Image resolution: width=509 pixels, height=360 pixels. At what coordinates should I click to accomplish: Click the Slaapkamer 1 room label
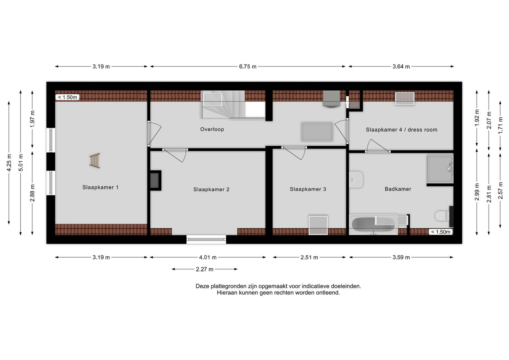point(100,187)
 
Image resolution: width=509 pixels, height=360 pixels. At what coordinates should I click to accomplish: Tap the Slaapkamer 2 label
point(211,190)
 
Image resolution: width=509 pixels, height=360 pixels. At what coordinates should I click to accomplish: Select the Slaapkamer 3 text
point(308,189)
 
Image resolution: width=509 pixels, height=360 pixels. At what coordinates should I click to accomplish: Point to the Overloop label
point(212,129)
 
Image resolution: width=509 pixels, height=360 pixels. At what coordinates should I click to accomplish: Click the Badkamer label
point(398,189)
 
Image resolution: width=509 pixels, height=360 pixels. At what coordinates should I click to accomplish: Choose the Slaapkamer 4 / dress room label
point(401,130)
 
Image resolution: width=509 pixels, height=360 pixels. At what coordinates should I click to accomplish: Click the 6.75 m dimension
point(248,66)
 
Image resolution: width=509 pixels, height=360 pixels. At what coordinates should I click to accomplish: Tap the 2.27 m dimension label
point(205,269)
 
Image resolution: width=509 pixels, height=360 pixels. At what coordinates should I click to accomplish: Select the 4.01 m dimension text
point(208,257)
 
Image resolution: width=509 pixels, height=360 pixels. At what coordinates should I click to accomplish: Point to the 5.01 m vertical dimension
point(21,163)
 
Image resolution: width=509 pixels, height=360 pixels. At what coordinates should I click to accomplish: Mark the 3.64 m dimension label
point(401,66)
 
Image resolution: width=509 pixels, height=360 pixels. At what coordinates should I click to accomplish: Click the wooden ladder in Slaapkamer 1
point(95,161)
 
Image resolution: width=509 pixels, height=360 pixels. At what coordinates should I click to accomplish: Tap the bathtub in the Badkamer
point(373,225)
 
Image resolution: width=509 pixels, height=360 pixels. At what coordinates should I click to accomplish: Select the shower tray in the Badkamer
point(440,169)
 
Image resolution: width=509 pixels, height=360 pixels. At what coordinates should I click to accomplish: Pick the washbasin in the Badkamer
point(356,179)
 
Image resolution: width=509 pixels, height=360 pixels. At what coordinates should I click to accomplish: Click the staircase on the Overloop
point(233,105)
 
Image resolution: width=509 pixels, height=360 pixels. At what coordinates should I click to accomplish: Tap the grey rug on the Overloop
point(317,132)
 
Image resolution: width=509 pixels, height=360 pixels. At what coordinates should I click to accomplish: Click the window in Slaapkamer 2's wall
point(206,239)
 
